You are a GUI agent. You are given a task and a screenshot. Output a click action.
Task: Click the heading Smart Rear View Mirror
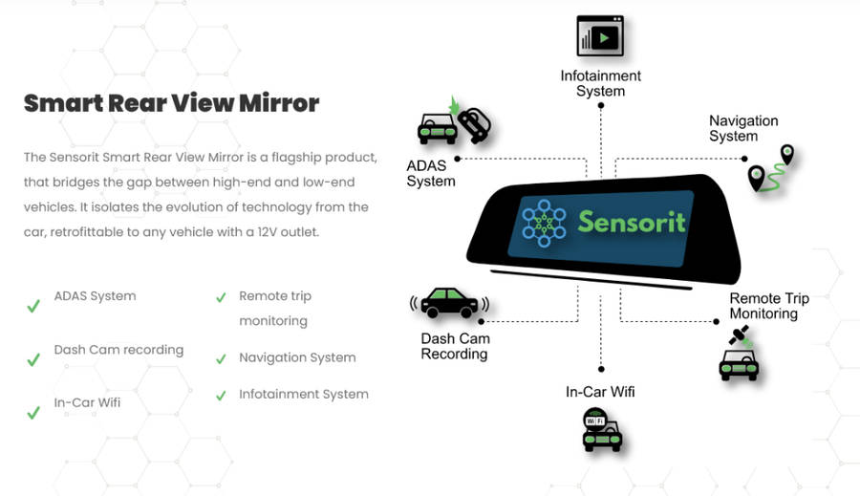(171, 103)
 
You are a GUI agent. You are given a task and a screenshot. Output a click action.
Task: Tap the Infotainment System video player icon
(600, 36)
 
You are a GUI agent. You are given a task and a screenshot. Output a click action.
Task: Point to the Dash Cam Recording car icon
(449, 304)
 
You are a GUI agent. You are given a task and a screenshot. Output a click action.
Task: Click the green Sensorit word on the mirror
(632, 222)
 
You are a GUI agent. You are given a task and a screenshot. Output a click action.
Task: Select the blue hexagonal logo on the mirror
(544, 223)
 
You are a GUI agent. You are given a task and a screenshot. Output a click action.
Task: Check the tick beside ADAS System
(33, 306)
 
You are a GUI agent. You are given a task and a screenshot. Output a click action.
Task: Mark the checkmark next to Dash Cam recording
(33, 360)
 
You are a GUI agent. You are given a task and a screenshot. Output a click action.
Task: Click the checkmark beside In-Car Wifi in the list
(33, 413)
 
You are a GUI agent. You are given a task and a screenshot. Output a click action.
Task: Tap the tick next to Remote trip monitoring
(221, 298)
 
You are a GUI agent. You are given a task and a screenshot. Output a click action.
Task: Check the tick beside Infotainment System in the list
(221, 395)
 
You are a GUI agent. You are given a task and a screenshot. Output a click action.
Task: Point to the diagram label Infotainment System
(600, 83)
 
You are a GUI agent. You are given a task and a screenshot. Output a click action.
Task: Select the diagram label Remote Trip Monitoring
(768, 306)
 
